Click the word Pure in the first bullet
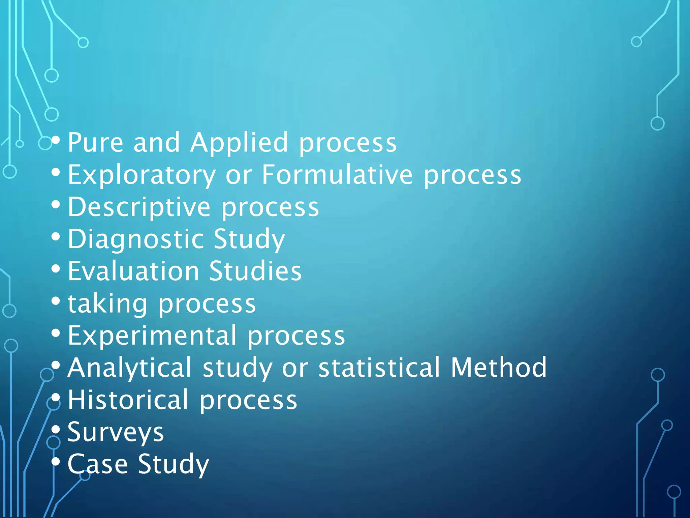pos(96,143)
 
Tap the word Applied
pos(239,143)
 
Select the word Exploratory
pos(142,175)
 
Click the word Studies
pos(255,271)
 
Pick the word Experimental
pos(152,336)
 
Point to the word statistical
pos(379,367)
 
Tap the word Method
pos(499,367)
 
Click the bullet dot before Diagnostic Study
pos(56,236)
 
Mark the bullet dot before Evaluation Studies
pos(56,269)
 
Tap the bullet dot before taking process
pos(56,300)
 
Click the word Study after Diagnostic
pos(249,239)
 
